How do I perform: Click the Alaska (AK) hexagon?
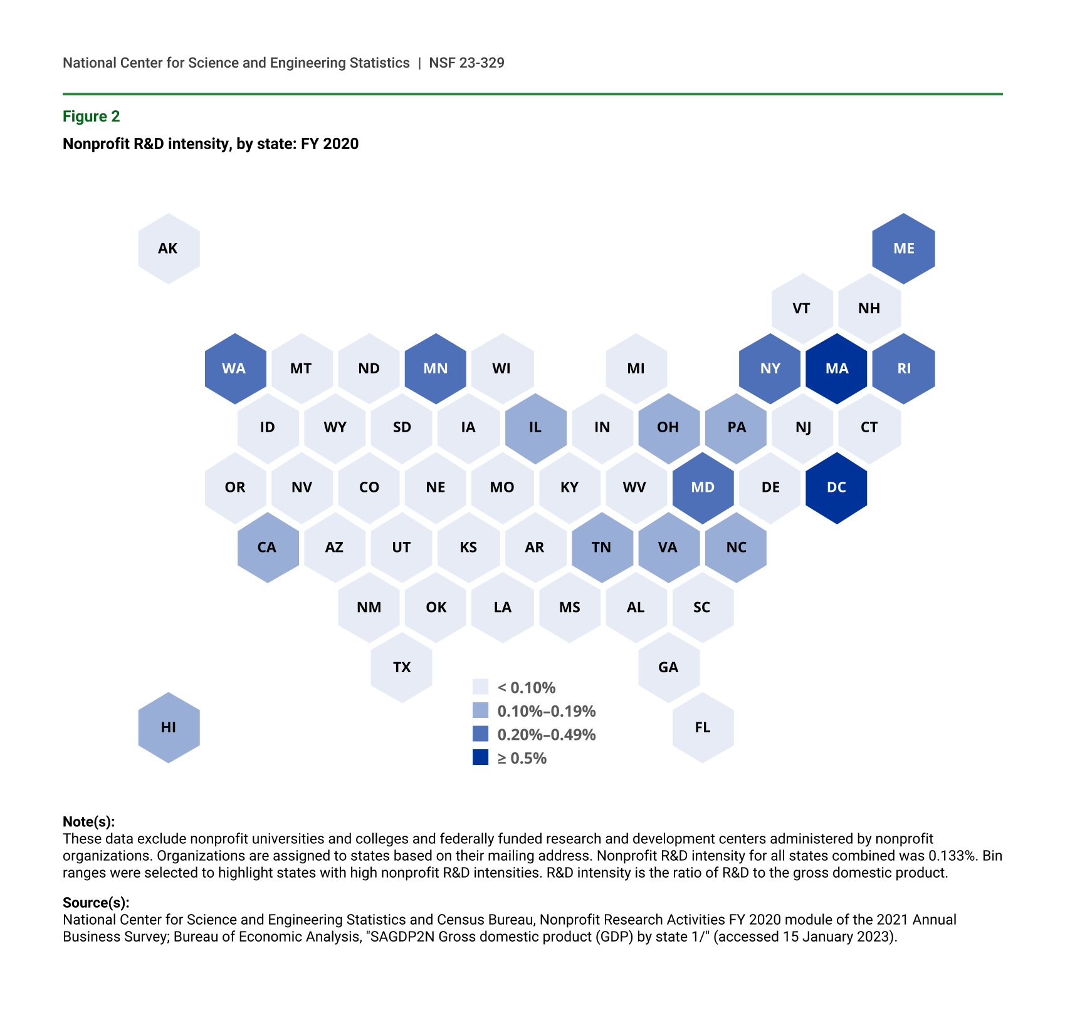click(x=169, y=249)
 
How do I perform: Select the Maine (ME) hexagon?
click(x=903, y=249)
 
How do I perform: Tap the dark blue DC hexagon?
click(x=836, y=488)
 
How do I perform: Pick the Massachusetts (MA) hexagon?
click(x=836, y=368)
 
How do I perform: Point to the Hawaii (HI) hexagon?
click(x=169, y=727)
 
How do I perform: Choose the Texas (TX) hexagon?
click(x=401, y=667)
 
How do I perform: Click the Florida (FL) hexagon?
click(x=703, y=727)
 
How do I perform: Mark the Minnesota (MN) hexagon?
click(x=436, y=368)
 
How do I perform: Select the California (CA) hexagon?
click(x=268, y=548)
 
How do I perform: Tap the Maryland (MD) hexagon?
click(x=703, y=488)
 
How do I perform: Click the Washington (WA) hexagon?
click(x=235, y=368)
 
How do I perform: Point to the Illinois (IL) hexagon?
click(x=535, y=428)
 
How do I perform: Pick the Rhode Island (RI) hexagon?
click(x=903, y=368)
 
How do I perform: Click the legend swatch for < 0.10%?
click(x=480, y=687)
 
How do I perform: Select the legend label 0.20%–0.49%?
click(x=546, y=734)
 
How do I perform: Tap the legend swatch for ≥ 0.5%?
click(x=480, y=757)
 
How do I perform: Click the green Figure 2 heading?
click(x=92, y=117)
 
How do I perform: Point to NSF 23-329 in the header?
click(x=466, y=63)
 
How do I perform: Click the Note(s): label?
click(x=89, y=822)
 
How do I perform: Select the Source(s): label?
click(x=96, y=903)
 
